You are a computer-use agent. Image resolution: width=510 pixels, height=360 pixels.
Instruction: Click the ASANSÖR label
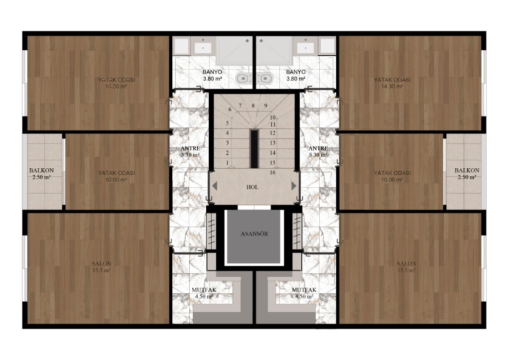click(255, 234)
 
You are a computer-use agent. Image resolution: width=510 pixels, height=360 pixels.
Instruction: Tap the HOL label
click(253, 187)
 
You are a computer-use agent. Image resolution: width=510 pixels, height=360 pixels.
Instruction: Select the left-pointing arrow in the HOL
click(215, 186)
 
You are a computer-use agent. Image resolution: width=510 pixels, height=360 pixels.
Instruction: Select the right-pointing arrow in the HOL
click(294, 186)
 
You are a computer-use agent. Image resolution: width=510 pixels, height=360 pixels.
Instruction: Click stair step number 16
click(272, 172)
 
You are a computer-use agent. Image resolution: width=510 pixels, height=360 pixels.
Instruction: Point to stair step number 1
click(227, 163)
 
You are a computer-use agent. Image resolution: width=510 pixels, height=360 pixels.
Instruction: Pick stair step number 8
click(253, 106)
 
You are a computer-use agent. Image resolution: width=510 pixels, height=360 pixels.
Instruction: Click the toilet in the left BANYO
click(242, 78)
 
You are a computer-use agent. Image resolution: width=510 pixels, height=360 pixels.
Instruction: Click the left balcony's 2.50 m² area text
click(41, 177)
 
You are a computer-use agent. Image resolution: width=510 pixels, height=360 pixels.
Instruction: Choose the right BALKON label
click(467, 170)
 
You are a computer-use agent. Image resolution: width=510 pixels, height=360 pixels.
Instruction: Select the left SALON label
click(102, 263)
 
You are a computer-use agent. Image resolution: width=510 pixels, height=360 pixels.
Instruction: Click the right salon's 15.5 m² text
click(406, 270)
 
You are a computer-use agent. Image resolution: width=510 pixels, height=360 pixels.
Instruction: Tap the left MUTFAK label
click(204, 290)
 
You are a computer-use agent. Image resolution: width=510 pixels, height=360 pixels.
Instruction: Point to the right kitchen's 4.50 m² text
click(304, 297)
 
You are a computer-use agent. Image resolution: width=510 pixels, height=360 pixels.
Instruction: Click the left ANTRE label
click(190, 148)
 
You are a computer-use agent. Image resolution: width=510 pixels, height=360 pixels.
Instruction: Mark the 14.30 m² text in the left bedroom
click(116, 87)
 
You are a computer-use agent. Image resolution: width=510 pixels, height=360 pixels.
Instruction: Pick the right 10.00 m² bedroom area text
click(392, 180)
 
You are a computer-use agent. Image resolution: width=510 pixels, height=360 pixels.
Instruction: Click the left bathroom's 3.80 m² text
click(212, 79)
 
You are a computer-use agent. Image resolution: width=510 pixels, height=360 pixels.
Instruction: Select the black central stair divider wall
click(255, 148)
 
